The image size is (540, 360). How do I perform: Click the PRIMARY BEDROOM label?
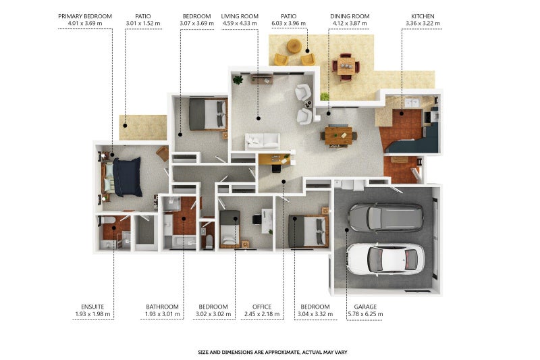[85, 16]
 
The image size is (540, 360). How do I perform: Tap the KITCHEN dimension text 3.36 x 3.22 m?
[423, 24]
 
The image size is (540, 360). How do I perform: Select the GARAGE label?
[365, 307]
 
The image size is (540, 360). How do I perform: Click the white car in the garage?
[385, 259]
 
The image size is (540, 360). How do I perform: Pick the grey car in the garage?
[385, 217]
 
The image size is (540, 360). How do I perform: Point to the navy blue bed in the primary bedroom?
[127, 177]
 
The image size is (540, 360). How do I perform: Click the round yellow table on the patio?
[294, 46]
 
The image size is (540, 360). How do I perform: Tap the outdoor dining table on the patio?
[346, 66]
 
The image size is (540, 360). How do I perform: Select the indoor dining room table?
[339, 136]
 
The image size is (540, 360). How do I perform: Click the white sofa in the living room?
[263, 141]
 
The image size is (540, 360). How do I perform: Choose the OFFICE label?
[262, 307]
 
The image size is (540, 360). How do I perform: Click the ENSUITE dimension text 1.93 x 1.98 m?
[92, 314]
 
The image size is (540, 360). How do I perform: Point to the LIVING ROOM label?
[240, 16]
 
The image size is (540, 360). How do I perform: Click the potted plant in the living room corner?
[238, 80]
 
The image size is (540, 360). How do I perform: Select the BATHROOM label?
[162, 307]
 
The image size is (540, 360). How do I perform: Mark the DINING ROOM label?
[350, 16]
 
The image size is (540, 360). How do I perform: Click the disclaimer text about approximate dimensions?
[273, 352]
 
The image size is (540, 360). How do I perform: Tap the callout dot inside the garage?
[347, 230]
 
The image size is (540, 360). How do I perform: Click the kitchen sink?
[412, 102]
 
